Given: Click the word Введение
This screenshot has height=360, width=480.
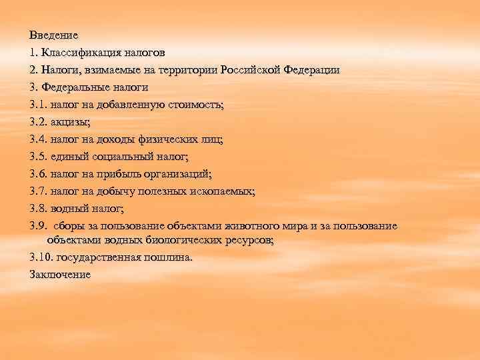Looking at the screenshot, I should tap(54, 35).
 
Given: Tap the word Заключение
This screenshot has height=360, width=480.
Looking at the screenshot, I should tap(60, 274).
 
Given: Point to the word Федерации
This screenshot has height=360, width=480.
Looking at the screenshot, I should tap(311, 69).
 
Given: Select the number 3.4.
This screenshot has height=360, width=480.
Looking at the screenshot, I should tap(39, 139).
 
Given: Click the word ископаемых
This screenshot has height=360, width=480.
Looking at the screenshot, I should tap(223, 191).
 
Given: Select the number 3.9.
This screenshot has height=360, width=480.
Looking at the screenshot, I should tap(39, 226).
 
